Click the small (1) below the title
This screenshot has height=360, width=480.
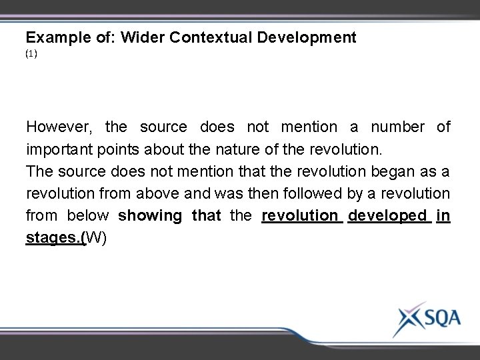coord(31,55)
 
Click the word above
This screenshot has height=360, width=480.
coord(156,193)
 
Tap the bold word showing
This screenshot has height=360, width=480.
coord(150,216)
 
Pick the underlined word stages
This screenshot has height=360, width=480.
coord(55,238)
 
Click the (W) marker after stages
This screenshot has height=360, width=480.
coord(96,238)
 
